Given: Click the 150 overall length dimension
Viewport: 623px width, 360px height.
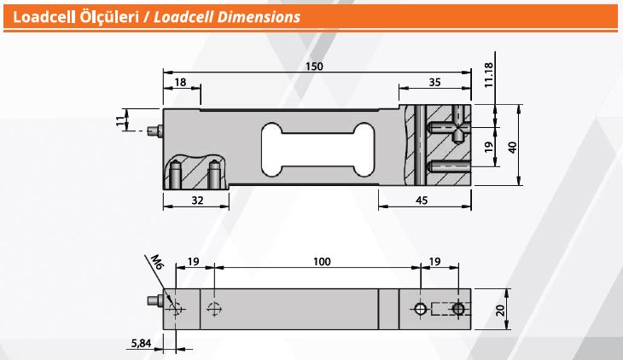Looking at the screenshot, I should click(315, 66).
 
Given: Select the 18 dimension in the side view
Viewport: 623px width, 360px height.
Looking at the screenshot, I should click(180, 82).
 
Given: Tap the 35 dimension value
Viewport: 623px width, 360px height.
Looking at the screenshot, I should click(434, 82).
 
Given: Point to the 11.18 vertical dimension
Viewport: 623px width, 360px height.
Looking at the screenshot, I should click(489, 74).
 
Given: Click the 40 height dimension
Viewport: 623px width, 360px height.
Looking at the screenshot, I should click(512, 146).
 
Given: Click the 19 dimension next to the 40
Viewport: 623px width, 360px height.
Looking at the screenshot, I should click(489, 147).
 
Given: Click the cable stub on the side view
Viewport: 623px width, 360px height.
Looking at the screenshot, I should click(154, 131).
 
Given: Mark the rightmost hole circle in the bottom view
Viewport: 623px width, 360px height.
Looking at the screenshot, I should click(459, 309).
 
